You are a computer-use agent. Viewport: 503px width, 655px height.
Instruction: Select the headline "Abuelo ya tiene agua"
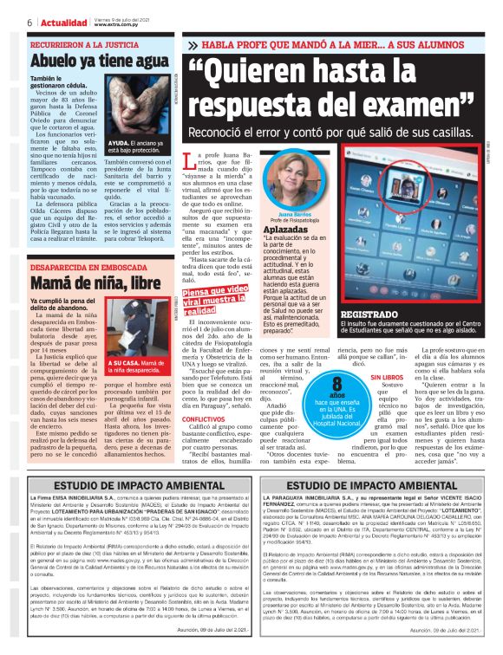point(97,62)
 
